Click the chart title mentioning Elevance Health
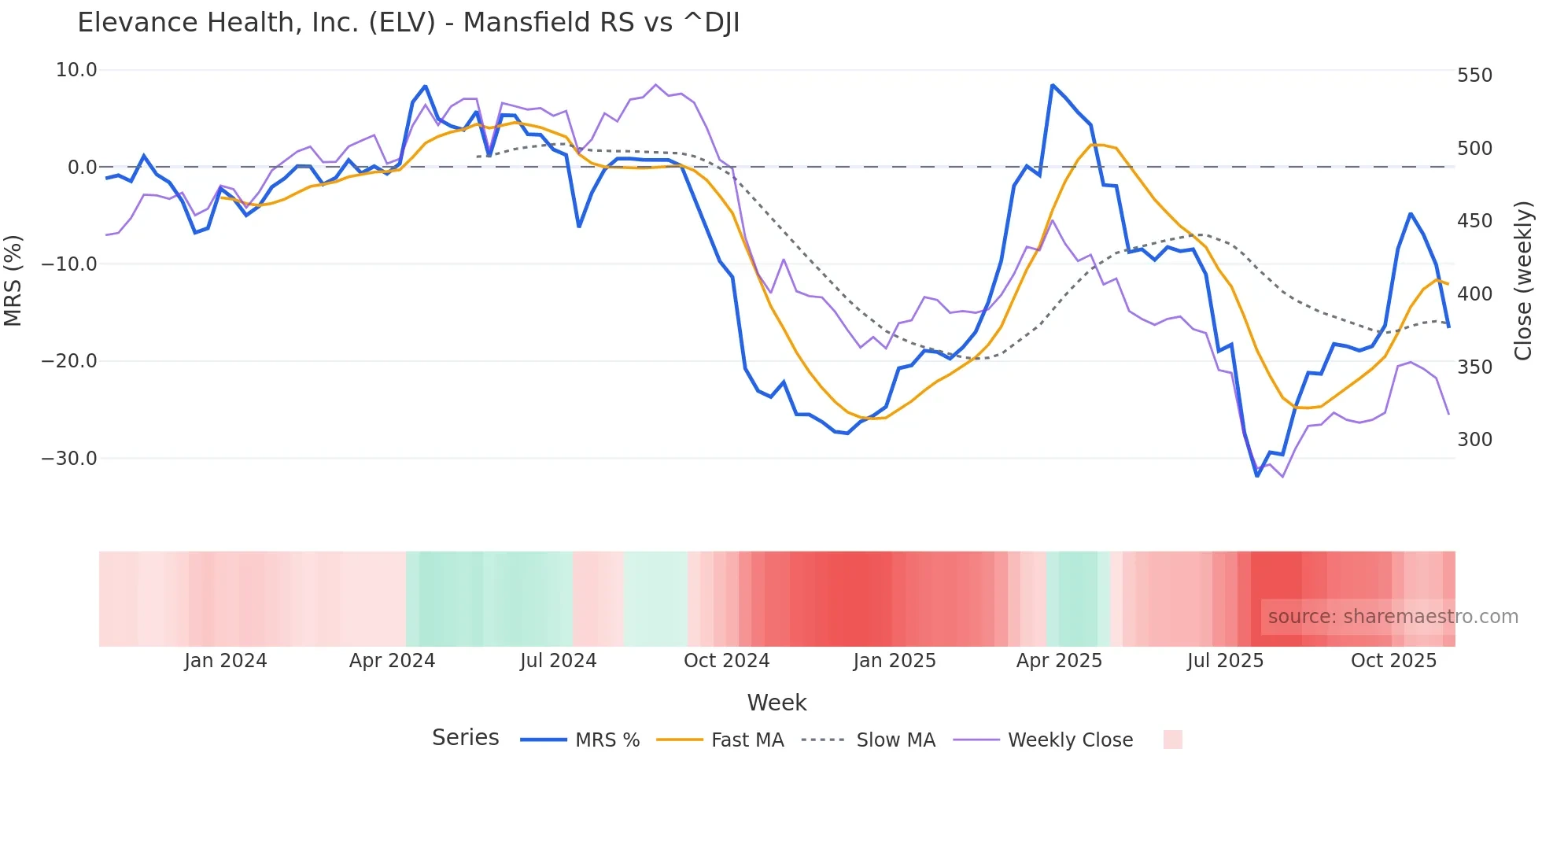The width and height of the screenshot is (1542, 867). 408,23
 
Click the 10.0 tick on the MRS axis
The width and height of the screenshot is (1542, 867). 76,70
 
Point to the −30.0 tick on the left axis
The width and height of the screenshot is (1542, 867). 69,458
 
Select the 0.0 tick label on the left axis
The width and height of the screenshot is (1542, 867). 82,167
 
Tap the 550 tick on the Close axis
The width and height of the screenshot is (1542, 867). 1474,76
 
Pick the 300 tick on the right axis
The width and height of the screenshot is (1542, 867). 1474,440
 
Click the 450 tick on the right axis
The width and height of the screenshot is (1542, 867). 1474,221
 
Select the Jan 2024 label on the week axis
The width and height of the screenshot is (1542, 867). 226,661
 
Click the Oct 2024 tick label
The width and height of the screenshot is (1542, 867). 726,661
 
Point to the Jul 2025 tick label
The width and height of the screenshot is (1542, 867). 1225,661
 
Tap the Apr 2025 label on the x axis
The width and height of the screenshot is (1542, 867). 1059,661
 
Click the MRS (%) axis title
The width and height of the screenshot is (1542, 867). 13,280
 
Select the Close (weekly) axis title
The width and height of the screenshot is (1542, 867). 1523,280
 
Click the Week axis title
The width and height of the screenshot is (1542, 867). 777,703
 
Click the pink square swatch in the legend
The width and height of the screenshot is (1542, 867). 1172,740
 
